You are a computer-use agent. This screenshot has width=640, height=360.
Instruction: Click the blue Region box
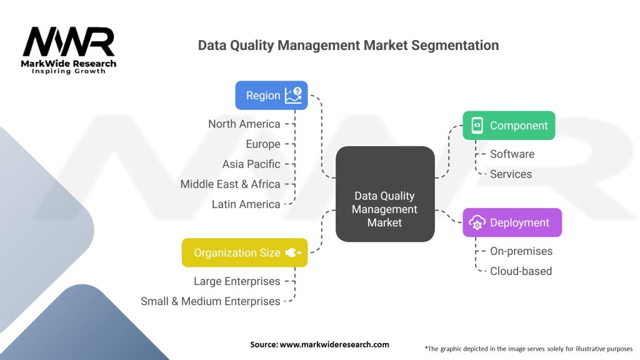[271, 96]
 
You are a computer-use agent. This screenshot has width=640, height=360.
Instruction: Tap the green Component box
[509, 126]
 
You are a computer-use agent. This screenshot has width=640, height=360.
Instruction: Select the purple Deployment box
[512, 222]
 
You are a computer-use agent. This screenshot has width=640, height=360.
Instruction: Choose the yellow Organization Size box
[244, 252]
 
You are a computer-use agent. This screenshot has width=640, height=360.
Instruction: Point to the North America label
[244, 124]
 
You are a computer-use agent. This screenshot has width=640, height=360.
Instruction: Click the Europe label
[263, 144]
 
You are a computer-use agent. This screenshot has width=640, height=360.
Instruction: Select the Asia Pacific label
[251, 164]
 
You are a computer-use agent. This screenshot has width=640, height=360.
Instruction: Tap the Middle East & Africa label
[230, 184]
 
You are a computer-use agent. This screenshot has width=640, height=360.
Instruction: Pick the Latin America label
[246, 204]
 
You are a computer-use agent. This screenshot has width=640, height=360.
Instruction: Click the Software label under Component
[512, 154]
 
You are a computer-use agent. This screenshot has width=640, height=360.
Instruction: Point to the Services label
[511, 174]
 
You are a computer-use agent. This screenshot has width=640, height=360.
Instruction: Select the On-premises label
[521, 251]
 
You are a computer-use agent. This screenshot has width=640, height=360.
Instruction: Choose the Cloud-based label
[521, 271]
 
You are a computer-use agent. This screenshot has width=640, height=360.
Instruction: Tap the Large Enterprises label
[237, 281]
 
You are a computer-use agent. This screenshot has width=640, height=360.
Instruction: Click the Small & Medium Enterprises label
[210, 301]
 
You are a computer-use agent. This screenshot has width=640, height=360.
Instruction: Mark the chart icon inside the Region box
[292, 96]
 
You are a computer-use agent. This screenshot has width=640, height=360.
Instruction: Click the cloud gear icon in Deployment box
[477, 222]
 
